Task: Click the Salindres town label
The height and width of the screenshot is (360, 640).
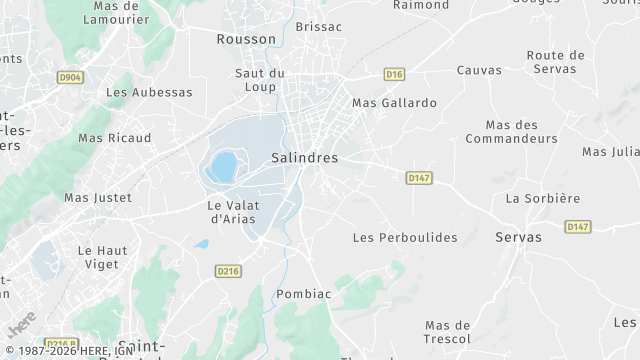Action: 305,158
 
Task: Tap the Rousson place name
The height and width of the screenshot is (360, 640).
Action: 246,39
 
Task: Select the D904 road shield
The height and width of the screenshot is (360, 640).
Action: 68,76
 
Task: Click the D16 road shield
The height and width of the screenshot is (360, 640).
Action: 394,73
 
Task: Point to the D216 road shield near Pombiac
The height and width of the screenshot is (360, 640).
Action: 229,270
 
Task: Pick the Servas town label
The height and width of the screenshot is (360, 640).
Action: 518,237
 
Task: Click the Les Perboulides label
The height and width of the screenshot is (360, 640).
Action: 405,237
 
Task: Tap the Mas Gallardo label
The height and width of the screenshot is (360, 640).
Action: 394,103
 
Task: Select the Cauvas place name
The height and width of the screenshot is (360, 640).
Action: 479,70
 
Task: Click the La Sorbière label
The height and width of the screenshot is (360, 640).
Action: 542,198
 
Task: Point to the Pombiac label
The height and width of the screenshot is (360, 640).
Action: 302,294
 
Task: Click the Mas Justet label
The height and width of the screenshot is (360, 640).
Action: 98,198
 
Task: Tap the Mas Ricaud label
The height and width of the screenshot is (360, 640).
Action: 115,138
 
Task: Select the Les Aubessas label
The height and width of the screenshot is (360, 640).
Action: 149,92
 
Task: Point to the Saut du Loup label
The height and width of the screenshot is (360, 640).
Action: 260,81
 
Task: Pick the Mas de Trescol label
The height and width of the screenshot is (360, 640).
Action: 447,332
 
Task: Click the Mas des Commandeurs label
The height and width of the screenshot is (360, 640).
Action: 520,132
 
